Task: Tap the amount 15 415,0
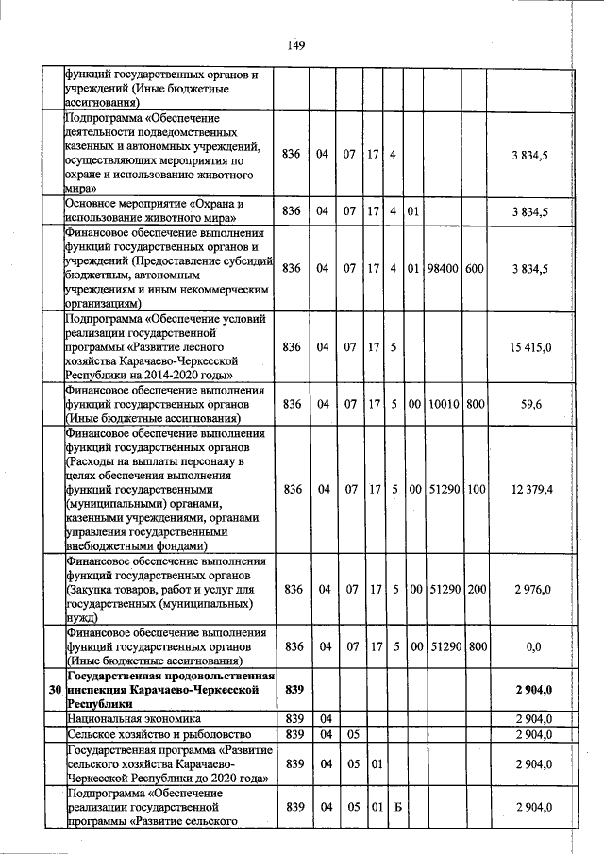tap(530, 348)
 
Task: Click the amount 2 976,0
tap(531, 589)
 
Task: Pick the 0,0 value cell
tap(532, 646)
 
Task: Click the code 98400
tap(443, 269)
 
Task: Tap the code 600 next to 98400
tap(475, 269)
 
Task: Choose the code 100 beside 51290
tap(476, 490)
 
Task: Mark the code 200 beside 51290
tap(476, 589)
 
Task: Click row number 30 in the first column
tap(55, 691)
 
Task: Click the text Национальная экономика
tap(122, 719)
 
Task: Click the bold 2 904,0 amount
tap(533, 691)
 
